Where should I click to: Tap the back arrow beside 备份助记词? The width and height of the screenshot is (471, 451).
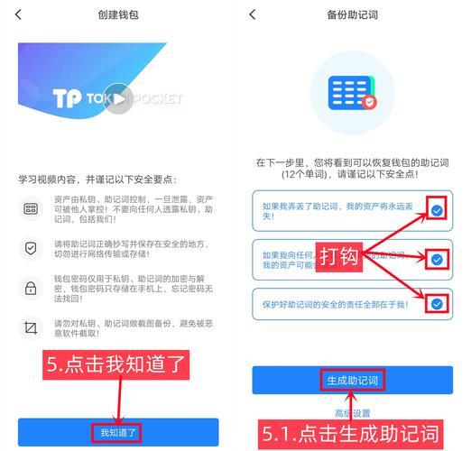click(x=253, y=14)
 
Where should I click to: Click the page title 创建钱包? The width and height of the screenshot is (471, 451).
click(x=118, y=14)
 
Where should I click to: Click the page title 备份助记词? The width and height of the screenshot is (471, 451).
click(x=352, y=14)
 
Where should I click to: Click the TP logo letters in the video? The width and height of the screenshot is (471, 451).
click(x=69, y=97)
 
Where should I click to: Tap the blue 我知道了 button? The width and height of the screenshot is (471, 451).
click(x=118, y=432)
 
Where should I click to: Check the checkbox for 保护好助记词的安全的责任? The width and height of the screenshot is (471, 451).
click(x=437, y=304)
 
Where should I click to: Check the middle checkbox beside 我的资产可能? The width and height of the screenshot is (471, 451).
click(x=437, y=259)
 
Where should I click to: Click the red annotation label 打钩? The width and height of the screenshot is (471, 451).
click(x=338, y=256)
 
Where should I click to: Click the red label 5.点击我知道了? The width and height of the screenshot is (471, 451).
click(x=117, y=364)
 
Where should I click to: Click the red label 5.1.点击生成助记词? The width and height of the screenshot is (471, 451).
click(x=352, y=435)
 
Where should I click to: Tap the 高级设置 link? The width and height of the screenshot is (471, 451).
click(x=352, y=413)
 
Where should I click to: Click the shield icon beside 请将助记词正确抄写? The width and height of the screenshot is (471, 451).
click(x=31, y=247)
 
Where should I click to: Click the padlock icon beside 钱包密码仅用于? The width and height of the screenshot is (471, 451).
click(x=31, y=288)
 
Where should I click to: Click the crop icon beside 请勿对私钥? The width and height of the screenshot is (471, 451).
click(x=31, y=327)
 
